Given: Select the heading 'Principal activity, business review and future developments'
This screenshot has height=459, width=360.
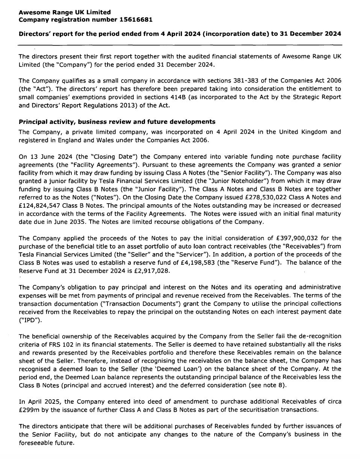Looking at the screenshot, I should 117,122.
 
